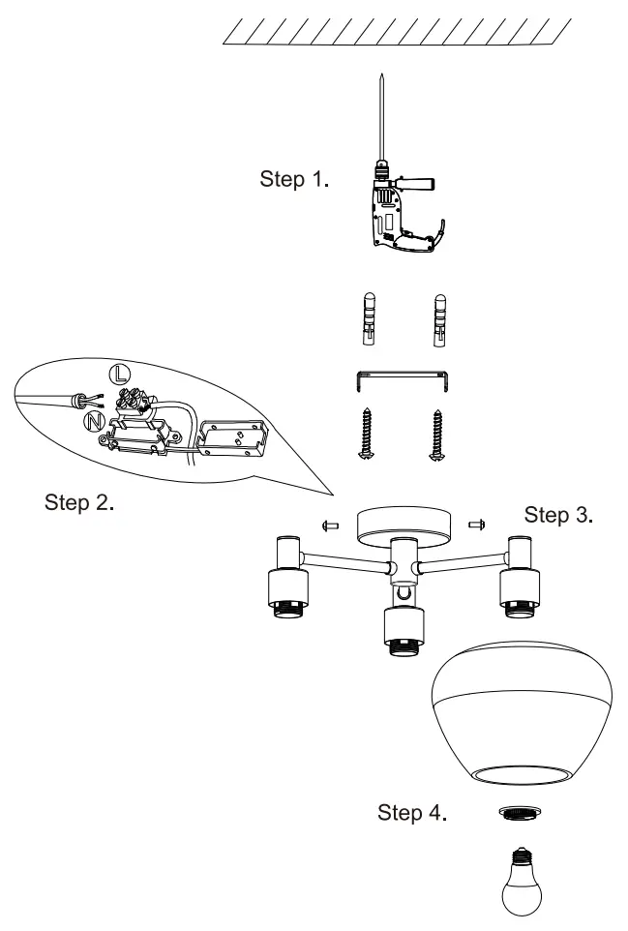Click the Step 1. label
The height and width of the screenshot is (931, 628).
296,180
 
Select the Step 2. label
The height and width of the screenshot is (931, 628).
80,503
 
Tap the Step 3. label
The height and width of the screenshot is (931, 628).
558,514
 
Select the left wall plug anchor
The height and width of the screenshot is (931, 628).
368,319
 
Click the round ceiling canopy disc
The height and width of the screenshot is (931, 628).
401,527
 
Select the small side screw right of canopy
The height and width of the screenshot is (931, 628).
476,525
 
